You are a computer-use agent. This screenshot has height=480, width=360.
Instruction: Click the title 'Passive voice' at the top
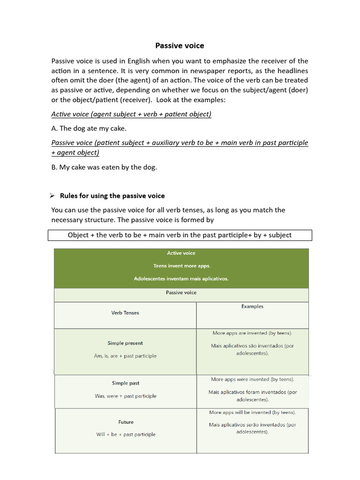point(180,45)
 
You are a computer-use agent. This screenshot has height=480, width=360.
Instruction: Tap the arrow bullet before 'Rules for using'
point(53,195)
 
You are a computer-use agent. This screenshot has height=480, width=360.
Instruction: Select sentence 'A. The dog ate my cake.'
point(89,128)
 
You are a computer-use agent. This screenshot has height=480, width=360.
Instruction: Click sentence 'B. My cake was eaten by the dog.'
point(104,167)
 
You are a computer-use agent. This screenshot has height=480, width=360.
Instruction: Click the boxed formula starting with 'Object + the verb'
point(180,235)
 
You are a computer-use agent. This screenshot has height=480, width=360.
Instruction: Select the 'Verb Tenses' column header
point(125,313)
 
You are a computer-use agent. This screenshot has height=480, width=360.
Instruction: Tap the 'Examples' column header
point(252,306)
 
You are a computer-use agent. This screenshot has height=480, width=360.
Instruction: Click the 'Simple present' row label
point(125,343)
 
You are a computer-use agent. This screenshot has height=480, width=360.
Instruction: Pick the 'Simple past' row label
point(126,383)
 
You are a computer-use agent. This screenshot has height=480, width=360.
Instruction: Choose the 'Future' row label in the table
point(126,422)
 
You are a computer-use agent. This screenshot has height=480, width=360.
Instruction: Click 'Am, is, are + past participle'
point(125,356)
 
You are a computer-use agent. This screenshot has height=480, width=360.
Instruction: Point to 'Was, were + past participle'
point(126,396)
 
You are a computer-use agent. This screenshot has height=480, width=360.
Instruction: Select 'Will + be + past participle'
point(126,435)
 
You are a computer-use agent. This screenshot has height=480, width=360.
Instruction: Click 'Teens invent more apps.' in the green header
point(181,266)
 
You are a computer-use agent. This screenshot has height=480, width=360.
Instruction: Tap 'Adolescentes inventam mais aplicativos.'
point(181,278)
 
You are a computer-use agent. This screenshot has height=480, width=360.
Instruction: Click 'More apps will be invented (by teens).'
point(252,412)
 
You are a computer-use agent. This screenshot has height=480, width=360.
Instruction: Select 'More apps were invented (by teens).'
point(252,379)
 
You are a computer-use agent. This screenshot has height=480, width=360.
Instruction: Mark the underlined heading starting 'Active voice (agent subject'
point(131,114)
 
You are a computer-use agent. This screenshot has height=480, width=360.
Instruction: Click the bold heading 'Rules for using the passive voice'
point(112,195)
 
